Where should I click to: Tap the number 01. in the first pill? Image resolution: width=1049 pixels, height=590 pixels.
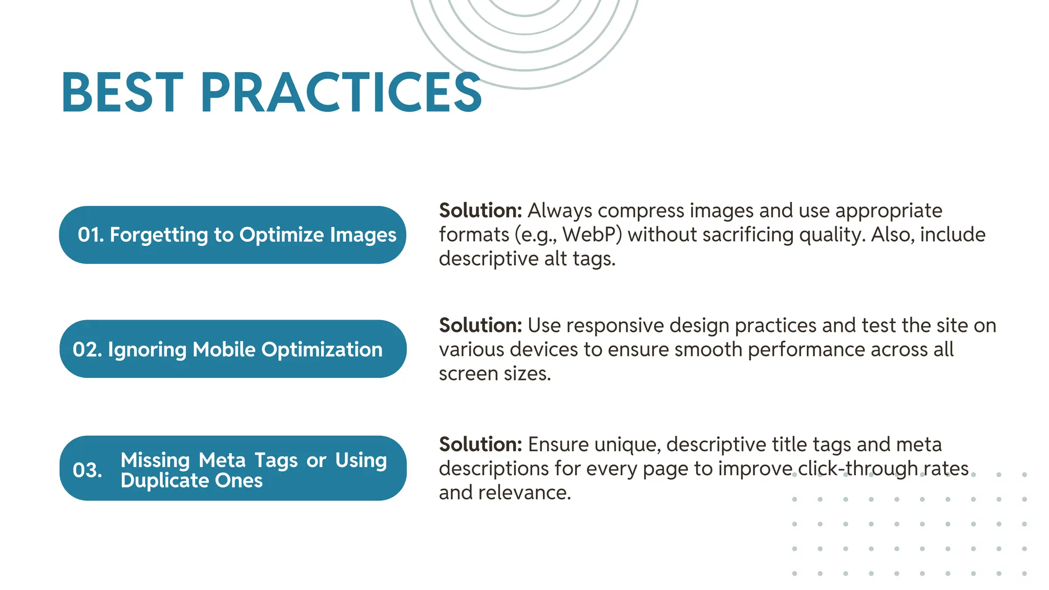coord(91,235)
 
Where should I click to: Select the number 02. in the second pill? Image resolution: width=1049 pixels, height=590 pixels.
coord(87,350)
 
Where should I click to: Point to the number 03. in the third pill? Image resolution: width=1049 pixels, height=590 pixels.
coord(87,470)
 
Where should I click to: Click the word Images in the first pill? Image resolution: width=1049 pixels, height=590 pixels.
coord(363,235)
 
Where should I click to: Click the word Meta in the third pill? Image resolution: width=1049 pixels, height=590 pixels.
coord(222,460)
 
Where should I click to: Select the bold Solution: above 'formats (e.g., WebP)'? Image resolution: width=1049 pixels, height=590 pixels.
coord(480,210)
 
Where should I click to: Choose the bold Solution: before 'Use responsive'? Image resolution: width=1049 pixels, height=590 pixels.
coord(480,325)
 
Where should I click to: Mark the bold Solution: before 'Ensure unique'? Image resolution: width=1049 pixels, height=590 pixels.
coord(480,444)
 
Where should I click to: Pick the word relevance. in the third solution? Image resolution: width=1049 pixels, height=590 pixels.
coord(524,492)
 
